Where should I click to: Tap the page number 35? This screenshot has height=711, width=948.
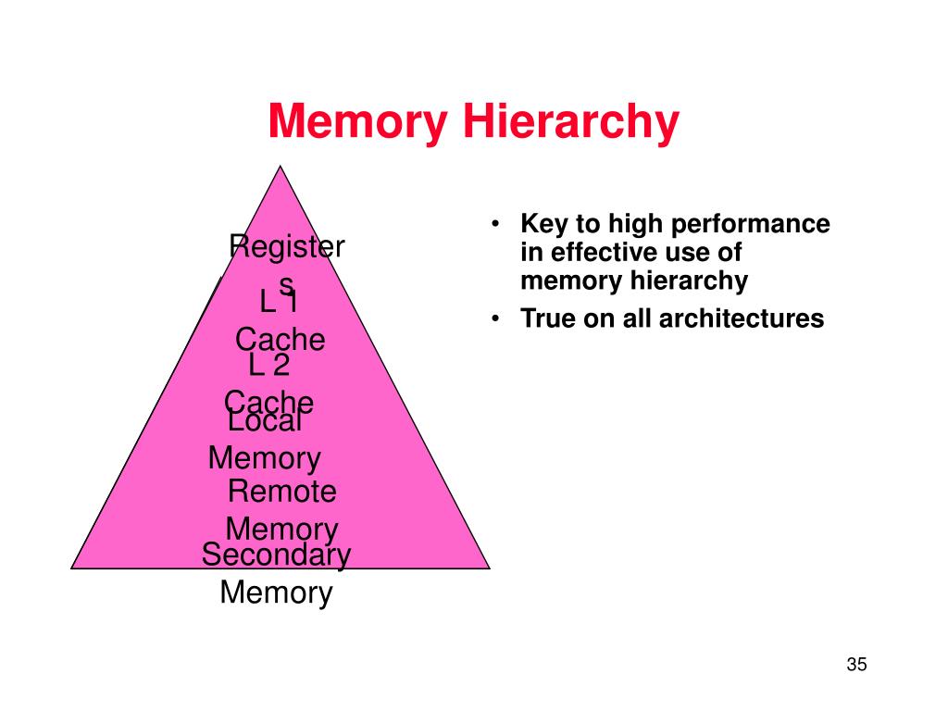coord(855,665)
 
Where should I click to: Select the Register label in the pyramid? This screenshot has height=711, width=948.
coord(286,248)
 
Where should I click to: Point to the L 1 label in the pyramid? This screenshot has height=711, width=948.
coord(278,302)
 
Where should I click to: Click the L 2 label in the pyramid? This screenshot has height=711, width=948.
coord(269,365)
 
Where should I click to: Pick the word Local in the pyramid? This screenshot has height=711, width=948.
coord(265,421)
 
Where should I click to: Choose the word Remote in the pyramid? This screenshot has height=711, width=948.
coord(281,492)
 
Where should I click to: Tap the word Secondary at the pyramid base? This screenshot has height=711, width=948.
coord(276,555)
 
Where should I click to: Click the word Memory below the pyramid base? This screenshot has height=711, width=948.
coord(276,592)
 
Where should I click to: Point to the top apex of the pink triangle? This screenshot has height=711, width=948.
coord(280,167)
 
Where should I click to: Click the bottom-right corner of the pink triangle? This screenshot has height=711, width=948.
coord(488,567)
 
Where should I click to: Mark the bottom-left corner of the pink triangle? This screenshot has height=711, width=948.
coord(72,567)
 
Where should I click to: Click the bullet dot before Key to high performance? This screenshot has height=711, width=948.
coord(497,225)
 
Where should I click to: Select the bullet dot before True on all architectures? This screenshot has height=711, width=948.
coord(497,319)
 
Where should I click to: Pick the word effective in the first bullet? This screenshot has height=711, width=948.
coord(596,253)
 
